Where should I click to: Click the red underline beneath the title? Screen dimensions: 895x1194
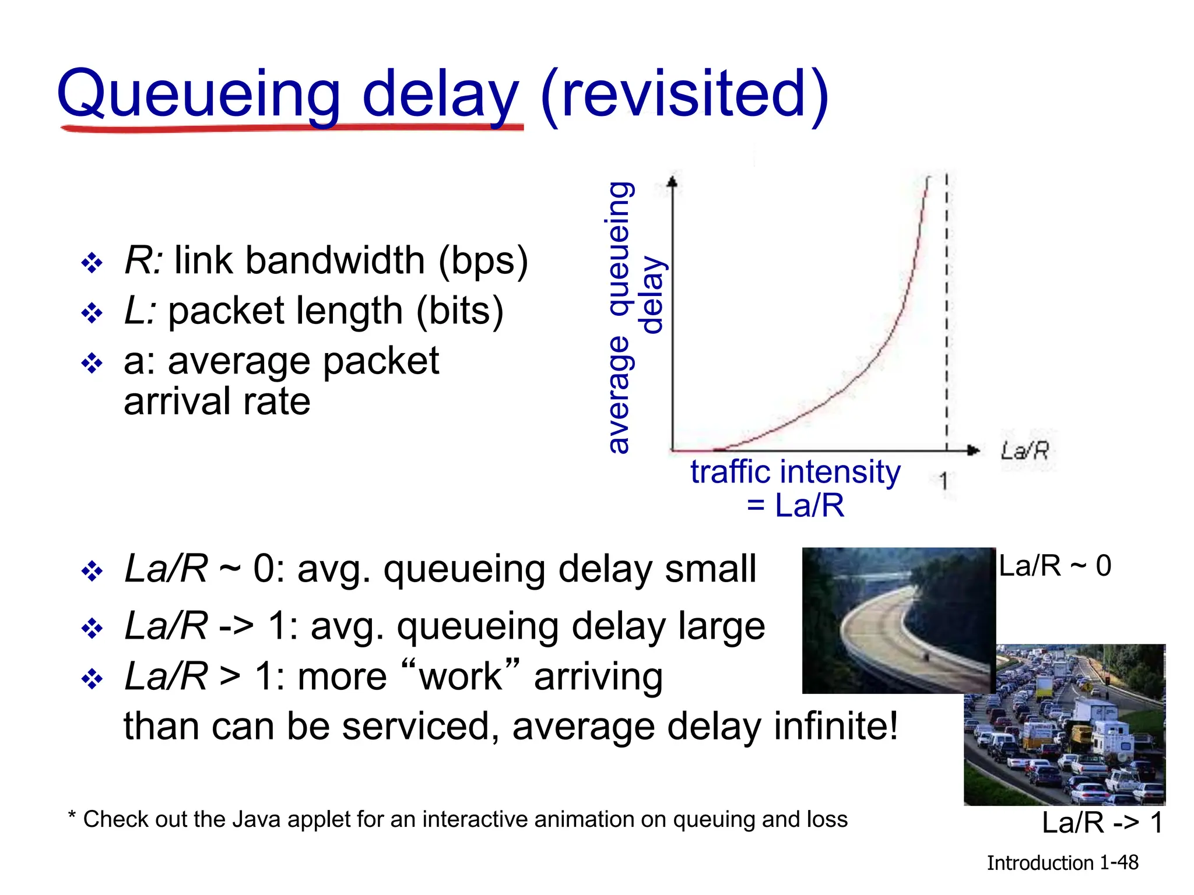tap(292, 128)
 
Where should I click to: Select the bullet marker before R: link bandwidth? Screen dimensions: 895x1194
tap(92, 263)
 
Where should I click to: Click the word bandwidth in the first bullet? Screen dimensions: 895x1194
tap(335, 260)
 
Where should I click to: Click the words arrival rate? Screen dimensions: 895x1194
tap(217, 401)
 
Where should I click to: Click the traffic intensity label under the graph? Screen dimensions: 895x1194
tap(795, 472)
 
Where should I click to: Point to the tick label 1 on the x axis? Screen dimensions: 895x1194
tap(944, 481)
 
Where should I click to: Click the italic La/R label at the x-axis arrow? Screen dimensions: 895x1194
tap(1024, 450)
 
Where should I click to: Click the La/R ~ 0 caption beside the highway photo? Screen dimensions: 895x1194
tap(1055, 566)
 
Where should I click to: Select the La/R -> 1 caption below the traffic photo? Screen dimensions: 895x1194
tap(1102, 823)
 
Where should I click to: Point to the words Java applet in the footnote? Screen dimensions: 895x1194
tap(292, 819)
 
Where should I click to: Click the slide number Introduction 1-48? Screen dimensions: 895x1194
tap(1062, 863)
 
